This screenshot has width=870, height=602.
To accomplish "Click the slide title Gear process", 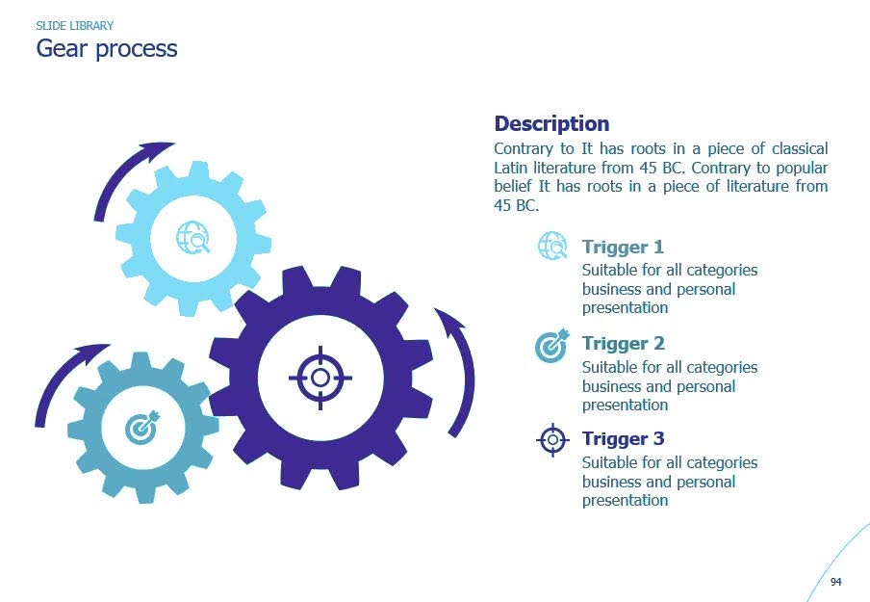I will (106, 48).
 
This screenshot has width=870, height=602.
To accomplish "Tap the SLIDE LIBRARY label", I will (74, 26).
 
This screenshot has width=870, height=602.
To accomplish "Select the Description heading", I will (551, 123).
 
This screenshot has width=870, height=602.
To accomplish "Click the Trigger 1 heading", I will (623, 247).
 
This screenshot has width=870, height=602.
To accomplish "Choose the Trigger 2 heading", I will (623, 343).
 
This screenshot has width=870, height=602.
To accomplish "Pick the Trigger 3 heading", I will (623, 439).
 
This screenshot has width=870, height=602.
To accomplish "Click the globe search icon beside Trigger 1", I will (552, 247).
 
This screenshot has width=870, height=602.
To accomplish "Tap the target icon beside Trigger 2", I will (552, 345).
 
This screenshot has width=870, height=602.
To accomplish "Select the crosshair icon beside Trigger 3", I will (552, 440).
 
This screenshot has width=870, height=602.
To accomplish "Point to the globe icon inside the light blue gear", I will (192, 237).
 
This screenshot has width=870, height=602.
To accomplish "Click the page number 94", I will (835, 582).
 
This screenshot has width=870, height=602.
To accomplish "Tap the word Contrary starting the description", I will (525, 149).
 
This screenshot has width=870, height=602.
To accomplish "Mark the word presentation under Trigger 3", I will (625, 501).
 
